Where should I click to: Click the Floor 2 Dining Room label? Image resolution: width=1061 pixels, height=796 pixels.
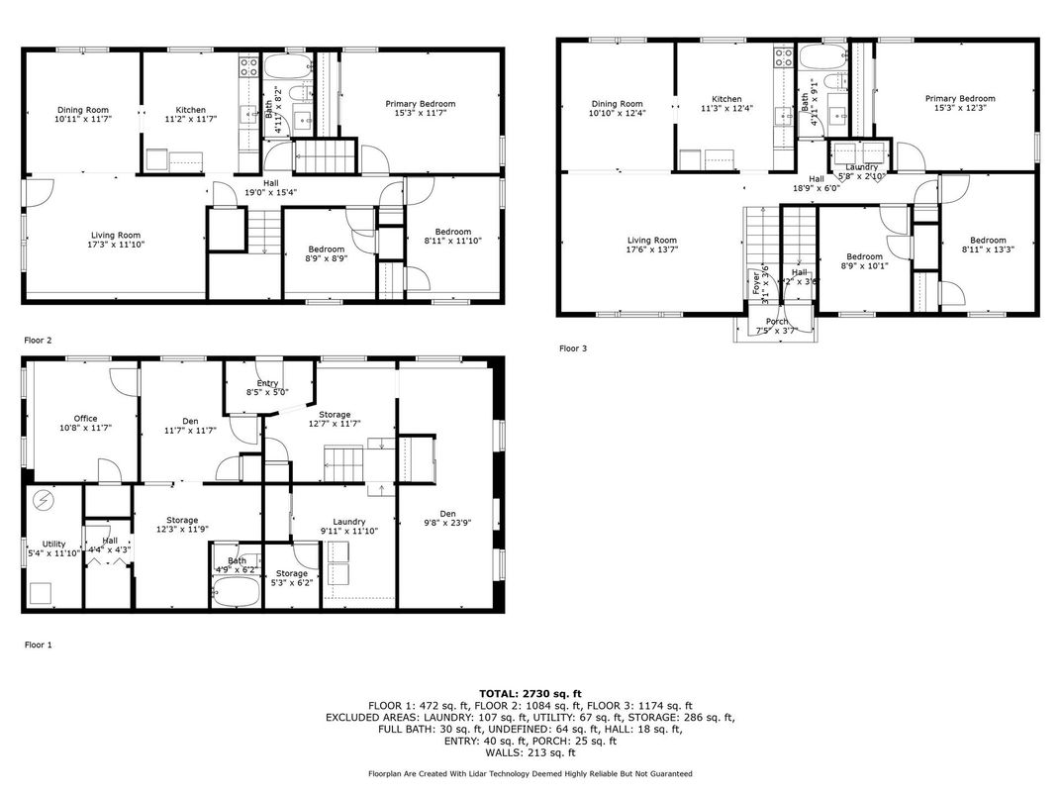82,110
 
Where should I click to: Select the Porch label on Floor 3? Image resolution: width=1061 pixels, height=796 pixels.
778,321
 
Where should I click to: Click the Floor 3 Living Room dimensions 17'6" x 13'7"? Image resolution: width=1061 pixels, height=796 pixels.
652,249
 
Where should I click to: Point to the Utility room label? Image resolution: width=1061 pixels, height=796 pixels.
52,544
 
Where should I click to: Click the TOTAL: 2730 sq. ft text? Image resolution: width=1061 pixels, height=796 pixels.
530,693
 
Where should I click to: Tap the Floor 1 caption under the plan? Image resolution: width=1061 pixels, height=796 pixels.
38,645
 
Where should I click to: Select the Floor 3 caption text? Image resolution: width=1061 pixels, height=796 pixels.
574,348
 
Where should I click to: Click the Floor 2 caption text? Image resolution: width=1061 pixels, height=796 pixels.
38,340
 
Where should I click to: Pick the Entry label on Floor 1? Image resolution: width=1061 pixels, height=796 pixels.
267,383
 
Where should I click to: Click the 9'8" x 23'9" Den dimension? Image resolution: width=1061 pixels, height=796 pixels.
447,523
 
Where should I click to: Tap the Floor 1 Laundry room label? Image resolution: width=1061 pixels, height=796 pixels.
349,522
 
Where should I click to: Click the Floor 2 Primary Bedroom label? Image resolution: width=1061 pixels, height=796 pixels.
421,104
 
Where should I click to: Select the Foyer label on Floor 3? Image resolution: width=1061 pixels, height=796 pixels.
756,278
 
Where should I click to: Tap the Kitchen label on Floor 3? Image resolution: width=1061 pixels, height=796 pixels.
726,99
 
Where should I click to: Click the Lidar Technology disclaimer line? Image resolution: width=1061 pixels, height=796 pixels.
530,773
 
